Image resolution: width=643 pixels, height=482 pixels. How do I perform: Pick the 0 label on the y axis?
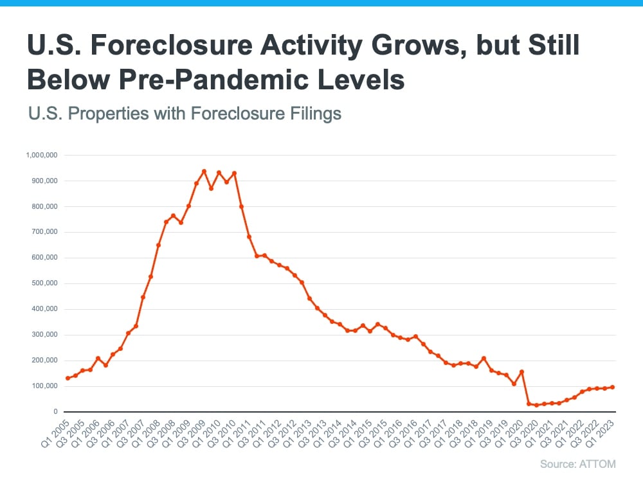pyautogui.click(x=56, y=412)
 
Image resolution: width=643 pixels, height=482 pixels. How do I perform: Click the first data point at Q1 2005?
pyautogui.click(x=68, y=379)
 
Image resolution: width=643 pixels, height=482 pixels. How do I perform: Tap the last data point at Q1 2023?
pyautogui.click(x=612, y=387)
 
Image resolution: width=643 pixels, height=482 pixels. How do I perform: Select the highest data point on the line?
pyautogui.click(x=204, y=171)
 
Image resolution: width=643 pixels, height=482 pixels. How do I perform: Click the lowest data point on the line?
pyautogui.click(x=536, y=405)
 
